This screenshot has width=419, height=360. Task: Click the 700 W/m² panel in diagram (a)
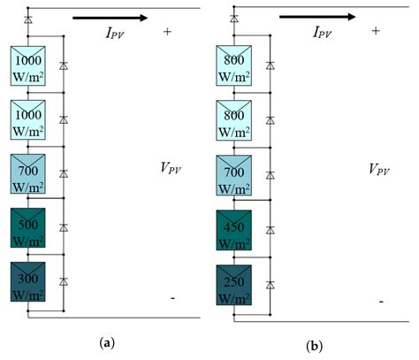[x=28, y=173]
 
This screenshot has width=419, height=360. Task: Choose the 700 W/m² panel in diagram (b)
[x=234, y=173]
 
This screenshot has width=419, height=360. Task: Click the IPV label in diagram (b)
[x=328, y=32]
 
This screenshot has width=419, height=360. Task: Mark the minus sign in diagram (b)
[x=380, y=302]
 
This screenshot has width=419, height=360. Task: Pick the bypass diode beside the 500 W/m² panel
[x=63, y=227]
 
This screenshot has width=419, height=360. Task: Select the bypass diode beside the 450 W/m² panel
[x=270, y=228]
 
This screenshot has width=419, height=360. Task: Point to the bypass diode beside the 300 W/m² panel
[x=63, y=281]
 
